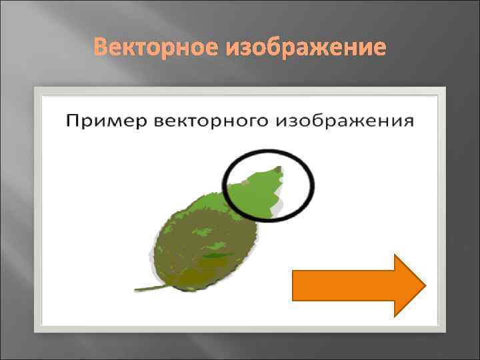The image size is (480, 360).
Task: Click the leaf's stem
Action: (151, 287)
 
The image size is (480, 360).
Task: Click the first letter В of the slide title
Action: (100, 47)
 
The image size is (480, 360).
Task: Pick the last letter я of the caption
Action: (409, 121)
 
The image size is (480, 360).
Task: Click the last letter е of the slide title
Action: (379, 48)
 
